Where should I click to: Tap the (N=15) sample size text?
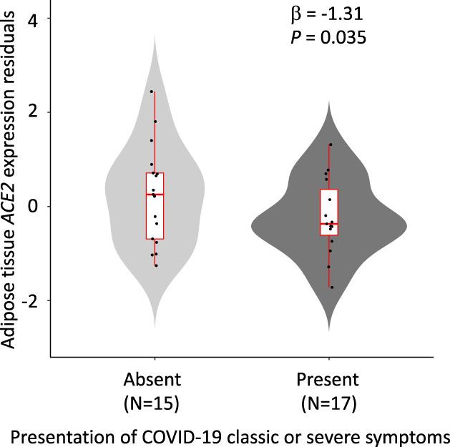152,404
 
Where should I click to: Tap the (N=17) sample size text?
328,404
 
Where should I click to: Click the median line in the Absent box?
155,195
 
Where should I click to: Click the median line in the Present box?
329,224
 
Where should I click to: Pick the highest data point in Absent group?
152,92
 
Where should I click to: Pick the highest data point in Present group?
331,144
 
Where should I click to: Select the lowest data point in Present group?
332,288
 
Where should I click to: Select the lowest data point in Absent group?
156,265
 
